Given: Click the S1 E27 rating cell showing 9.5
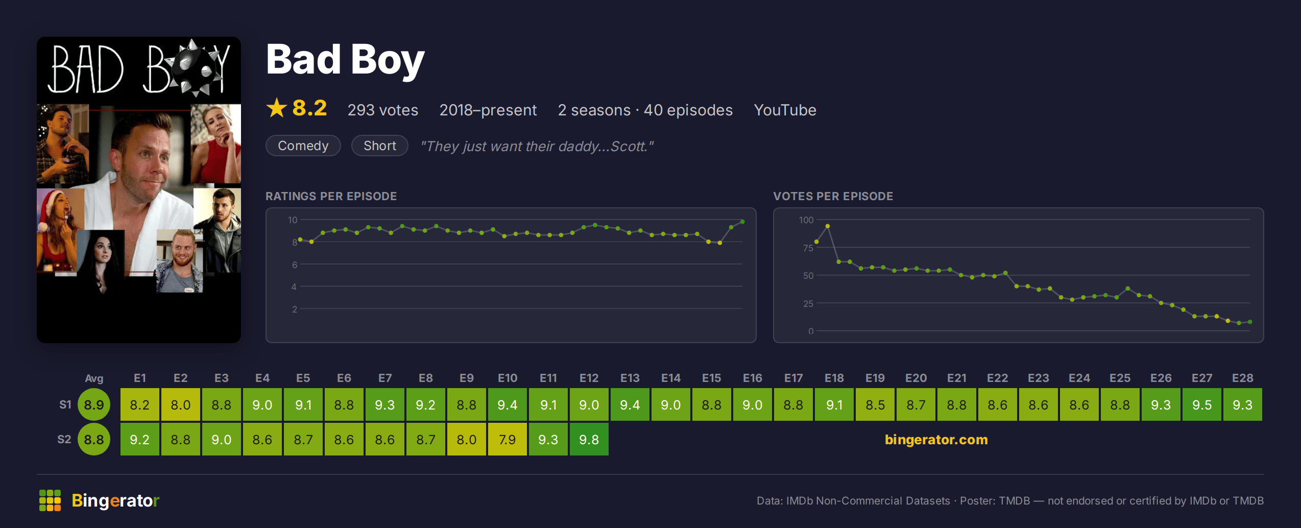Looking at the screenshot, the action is [x=1201, y=404].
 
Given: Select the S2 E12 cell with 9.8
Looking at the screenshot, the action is [x=589, y=439].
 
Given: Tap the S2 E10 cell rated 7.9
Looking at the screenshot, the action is [x=507, y=439].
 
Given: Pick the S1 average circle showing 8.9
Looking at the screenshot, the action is [x=94, y=404].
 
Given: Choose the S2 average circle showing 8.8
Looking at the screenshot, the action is [x=94, y=439].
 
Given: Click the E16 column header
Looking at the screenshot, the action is [x=752, y=378].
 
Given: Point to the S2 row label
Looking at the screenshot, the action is [x=64, y=439].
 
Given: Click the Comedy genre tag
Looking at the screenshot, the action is [x=303, y=146].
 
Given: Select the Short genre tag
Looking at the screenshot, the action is [x=380, y=146].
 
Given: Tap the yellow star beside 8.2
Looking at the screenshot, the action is [x=277, y=108].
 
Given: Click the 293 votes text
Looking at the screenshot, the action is [x=383, y=110].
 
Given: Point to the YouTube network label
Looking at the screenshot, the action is [x=785, y=110].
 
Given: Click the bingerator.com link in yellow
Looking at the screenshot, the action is [x=936, y=439].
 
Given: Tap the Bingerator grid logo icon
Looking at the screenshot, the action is [x=50, y=500].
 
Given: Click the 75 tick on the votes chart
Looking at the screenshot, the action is [x=808, y=248].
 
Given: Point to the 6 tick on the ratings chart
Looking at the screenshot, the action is [x=295, y=265].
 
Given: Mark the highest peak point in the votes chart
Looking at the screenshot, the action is [x=827, y=226].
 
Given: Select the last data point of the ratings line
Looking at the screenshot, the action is [x=742, y=222].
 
